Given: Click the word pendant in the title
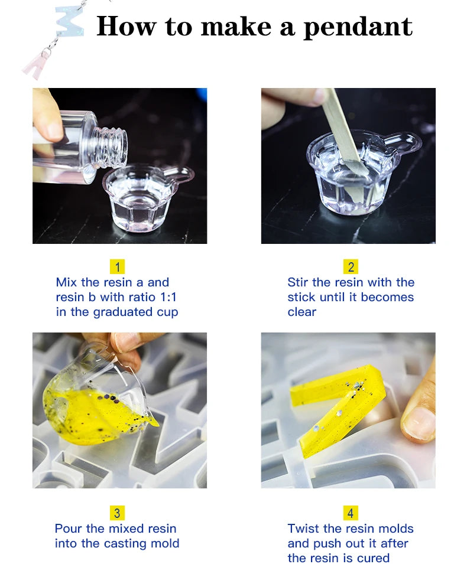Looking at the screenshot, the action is coord(358,27).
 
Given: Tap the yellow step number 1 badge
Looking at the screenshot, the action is coord(118,267).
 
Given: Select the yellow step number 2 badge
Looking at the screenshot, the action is coord(351,267).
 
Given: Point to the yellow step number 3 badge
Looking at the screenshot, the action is coord(117,513).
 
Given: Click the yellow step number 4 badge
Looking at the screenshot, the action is coord(351,513).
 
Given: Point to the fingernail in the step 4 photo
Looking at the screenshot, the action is coord(419,423).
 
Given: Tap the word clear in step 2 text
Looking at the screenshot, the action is coord(301,312).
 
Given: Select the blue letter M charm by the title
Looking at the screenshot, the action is coord(70,22).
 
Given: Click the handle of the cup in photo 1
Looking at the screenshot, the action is coord(182,175).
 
